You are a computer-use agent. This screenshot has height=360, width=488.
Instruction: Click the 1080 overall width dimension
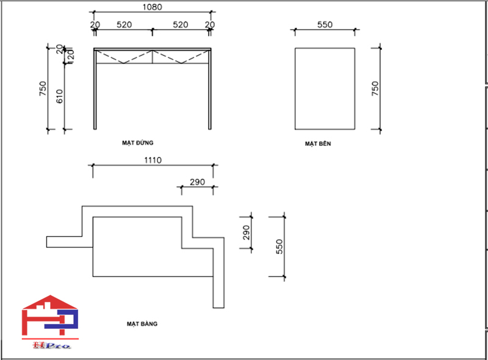151,7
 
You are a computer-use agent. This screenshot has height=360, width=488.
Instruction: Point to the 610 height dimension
60,96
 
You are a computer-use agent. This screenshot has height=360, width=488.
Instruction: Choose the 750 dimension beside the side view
375,88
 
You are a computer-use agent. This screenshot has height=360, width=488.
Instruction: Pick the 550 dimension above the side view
325,25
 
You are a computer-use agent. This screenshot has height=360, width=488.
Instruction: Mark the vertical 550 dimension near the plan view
279,247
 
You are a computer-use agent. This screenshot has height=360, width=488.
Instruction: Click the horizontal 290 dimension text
197,182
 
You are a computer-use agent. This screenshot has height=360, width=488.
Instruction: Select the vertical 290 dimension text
246,232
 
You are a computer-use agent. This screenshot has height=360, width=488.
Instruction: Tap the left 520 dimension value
124,25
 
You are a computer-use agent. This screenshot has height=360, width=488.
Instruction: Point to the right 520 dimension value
181,25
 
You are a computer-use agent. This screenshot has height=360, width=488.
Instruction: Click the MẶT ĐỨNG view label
137,142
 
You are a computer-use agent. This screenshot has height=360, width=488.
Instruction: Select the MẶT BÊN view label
318,144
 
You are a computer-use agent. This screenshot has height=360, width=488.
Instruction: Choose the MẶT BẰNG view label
142,324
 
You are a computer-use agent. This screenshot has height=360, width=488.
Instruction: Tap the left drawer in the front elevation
124,57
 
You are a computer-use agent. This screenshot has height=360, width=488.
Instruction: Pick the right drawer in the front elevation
181,57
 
